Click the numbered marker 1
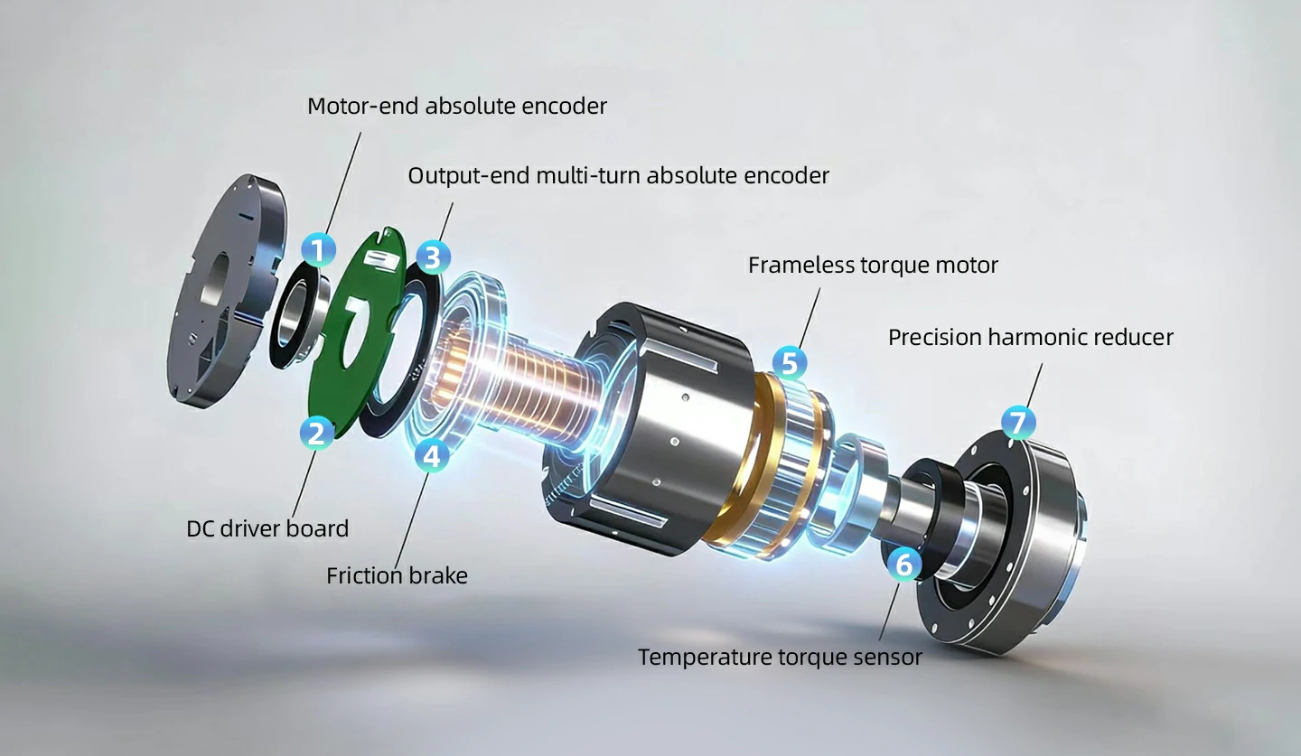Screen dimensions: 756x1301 pos(317,249)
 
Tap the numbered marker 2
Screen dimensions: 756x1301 pos(315,433)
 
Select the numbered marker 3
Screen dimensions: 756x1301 pos(433,257)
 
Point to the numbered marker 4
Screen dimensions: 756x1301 pos(432,455)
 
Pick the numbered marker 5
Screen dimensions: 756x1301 pos(790,363)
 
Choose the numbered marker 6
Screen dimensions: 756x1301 pos(904,565)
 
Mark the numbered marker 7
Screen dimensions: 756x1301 pos(1018,422)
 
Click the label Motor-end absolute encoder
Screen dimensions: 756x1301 pos(456,106)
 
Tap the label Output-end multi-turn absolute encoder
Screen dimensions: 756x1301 pos(618,175)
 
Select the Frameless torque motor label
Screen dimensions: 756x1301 pos(873,266)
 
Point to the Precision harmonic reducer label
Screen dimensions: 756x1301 pos(1030,338)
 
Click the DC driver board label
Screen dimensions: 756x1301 pos(267,528)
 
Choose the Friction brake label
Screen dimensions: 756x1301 pos(397,575)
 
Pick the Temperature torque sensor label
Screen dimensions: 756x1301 pos(780,657)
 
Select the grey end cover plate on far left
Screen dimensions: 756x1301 pos(221,298)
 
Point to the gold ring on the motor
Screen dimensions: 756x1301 pos(736,470)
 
